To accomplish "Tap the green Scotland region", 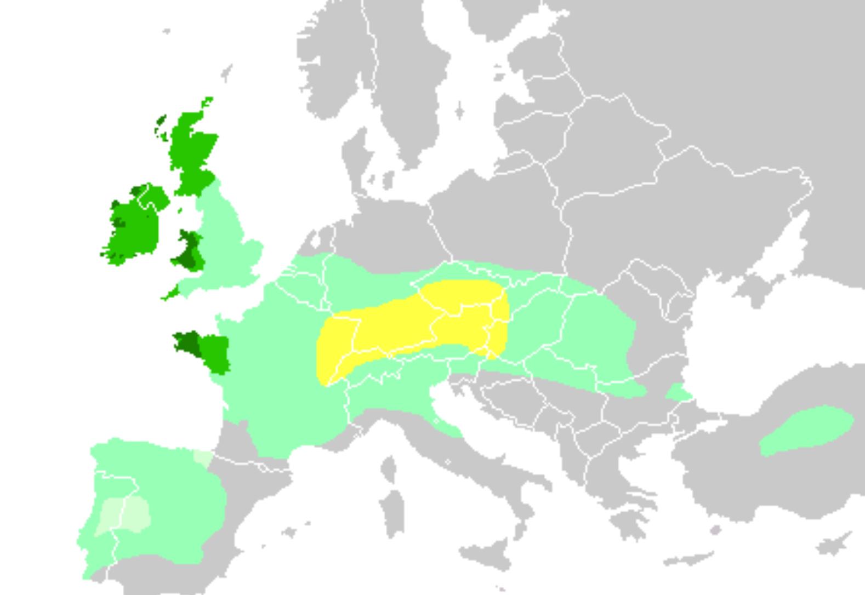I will (192, 148).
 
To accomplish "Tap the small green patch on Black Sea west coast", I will (679, 392).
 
